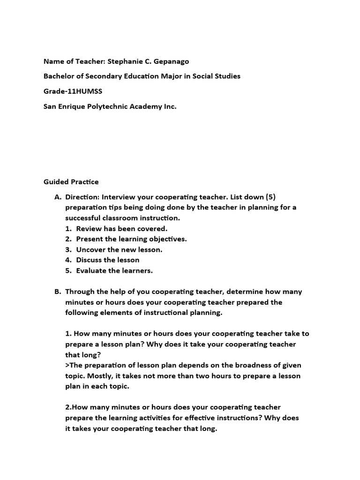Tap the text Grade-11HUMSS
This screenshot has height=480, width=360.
tap(73, 91)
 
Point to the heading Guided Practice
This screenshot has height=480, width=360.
tap(71, 181)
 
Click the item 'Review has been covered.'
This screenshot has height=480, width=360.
tap(121, 229)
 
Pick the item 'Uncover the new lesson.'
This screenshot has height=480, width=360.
tap(119, 249)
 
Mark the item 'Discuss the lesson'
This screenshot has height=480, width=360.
tap(108, 260)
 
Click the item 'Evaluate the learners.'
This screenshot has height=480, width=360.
tap(114, 270)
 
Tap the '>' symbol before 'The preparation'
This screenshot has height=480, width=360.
tap(67, 366)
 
